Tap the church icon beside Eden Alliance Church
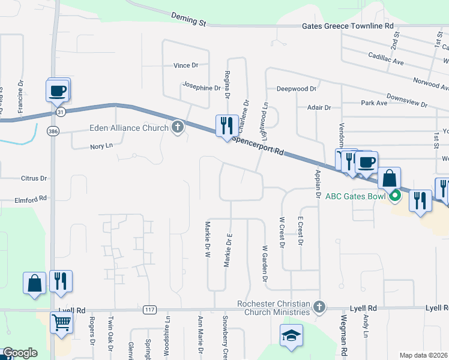pyautogui.click(x=177, y=127)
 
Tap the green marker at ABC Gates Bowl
pyautogui.click(x=395, y=196)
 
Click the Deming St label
pyautogui.click(x=188, y=19)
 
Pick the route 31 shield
pyautogui.click(x=59, y=112)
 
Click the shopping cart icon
pyautogui.click(x=62, y=323)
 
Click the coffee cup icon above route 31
pyautogui.click(x=58, y=91)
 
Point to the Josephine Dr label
pyautogui.click(x=202, y=88)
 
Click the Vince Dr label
pyautogui.click(x=186, y=65)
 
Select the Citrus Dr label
pyautogui.click(x=34, y=178)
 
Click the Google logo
pyautogui.click(x=19, y=353)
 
